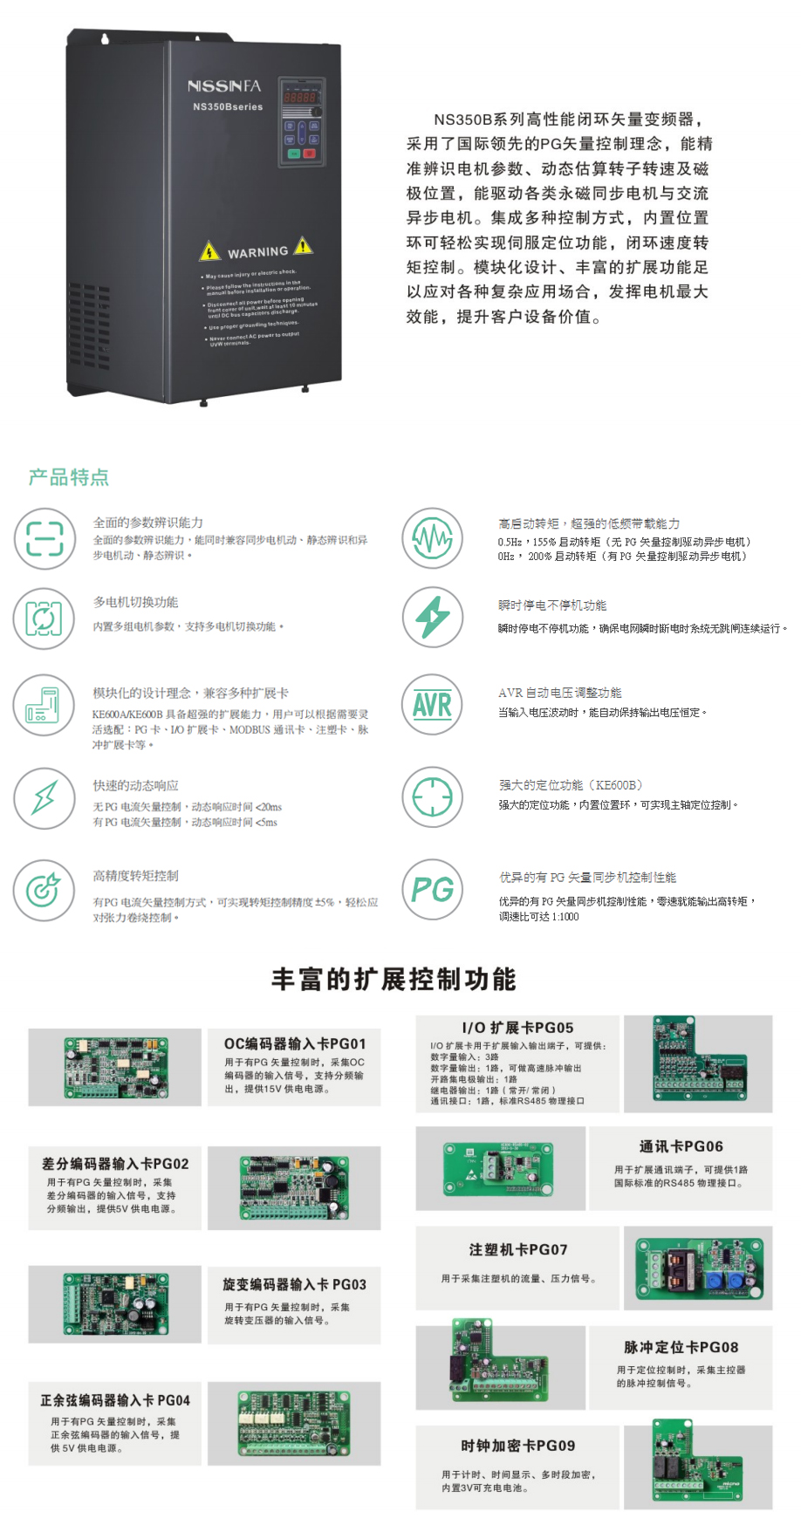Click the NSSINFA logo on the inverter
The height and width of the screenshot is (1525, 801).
pyautogui.click(x=224, y=85)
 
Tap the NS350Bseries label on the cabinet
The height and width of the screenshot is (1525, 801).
pyautogui.click(x=228, y=106)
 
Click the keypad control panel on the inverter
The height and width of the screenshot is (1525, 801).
pyautogui.click(x=302, y=122)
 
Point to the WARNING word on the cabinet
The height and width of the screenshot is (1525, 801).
pyautogui.click(x=257, y=252)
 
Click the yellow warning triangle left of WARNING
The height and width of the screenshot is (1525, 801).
pyautogui.click(x=209, y=252)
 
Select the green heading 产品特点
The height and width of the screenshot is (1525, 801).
pyautogui.click(x=69, y=477)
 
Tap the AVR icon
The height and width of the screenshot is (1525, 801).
pyautogui.click(x=432, y=705)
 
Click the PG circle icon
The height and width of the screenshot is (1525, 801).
pyautogui.click(x=432, y=889)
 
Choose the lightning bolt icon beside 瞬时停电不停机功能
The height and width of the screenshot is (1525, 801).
pyautogui.click(x=432, y=618)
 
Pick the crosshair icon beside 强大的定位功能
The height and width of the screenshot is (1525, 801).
pyautogui.click(x=432, y=797)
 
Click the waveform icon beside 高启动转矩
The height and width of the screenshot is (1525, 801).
pyautogui.click(x=432, y=538)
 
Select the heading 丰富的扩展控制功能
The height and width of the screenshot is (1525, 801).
pyautogui.click(x=394, y=979)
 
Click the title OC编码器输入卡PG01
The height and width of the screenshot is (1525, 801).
pyautogui.click(x=295, y=1043)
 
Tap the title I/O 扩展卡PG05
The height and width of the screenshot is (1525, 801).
pyautogui.click(x=517, y=1028)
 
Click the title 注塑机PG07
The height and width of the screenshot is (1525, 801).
pyautogui.click(x=518, y=1249)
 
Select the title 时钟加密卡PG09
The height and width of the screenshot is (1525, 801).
pyautogui.click(x=518, y=1446)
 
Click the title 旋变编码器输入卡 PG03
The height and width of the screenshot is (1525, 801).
pyautogui.click(x=295, y=1284)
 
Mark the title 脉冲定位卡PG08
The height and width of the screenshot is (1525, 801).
pyautogui.click(x=681, y=1347)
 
